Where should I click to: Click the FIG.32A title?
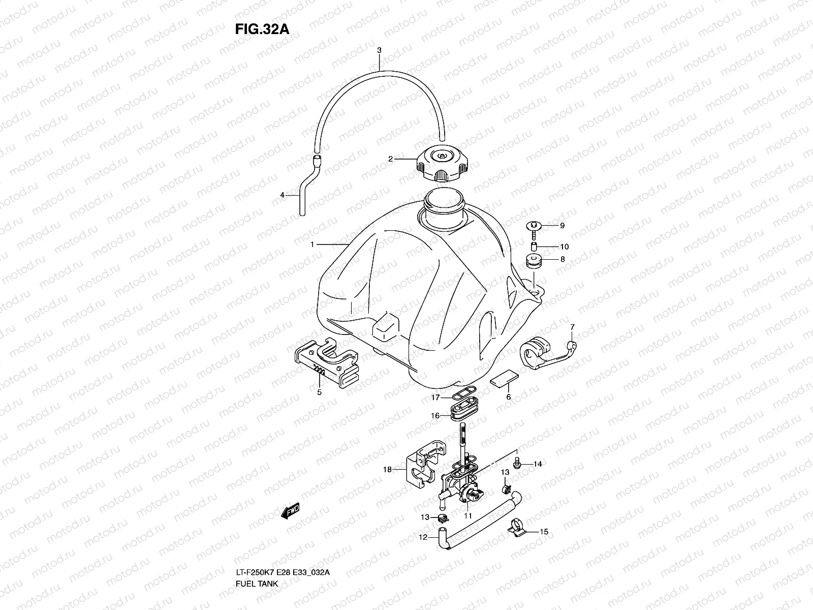coord(262,29)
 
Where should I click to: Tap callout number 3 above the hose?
coord(379,50)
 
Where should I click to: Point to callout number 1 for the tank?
coord(313,245)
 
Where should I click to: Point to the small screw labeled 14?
coord(518,463)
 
